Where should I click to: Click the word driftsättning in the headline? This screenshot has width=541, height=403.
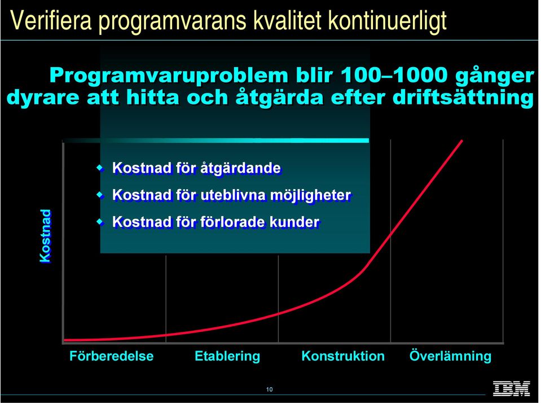[x=463, y=98]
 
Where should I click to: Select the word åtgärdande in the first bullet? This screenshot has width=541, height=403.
[x=240, y=169]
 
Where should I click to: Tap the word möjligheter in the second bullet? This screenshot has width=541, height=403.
[x=310, y=196]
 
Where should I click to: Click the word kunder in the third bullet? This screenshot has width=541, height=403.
[x=294, y=222]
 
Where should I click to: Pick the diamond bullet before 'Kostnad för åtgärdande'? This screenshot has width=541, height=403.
[x=100, y=168]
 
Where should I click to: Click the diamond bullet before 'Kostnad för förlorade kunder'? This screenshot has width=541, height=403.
[x=100, y=222]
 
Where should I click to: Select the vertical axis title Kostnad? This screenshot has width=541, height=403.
[x=45, y=236]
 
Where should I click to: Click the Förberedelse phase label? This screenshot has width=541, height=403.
[x=112, y=356]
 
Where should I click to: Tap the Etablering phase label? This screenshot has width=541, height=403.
[x=227, y=356]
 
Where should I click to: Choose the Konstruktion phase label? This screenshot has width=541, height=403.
[x=343, y=356]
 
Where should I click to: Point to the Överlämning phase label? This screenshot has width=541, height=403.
[x=450, y=356]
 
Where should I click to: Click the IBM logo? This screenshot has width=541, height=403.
[x=511, y=388]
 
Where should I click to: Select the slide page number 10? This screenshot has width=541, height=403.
[x=270, y=389]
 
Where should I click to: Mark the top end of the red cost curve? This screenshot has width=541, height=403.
[x=461, y=141]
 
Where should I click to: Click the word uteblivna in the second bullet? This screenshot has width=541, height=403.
[x=233, y=195]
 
